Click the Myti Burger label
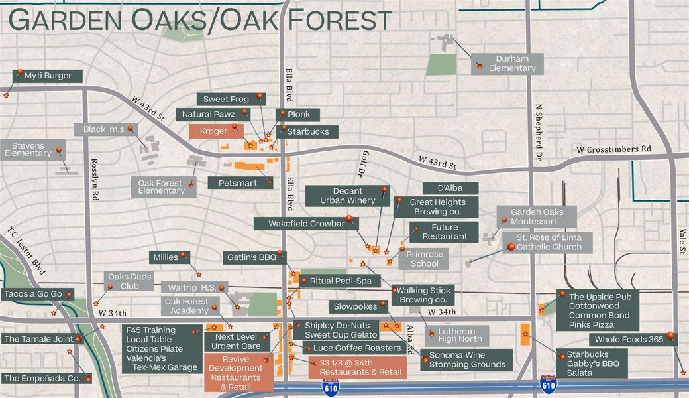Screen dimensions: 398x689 click(x=48, y=76)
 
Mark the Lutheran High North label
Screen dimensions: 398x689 click(x=456, y=336)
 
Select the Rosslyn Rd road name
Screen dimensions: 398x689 click(x=95, y=186)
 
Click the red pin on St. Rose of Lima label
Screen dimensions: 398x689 click(x=510, y=247)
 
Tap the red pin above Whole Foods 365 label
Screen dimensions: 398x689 click(x=670, y=336)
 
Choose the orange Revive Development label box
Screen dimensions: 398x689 click(x=238, y=372)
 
